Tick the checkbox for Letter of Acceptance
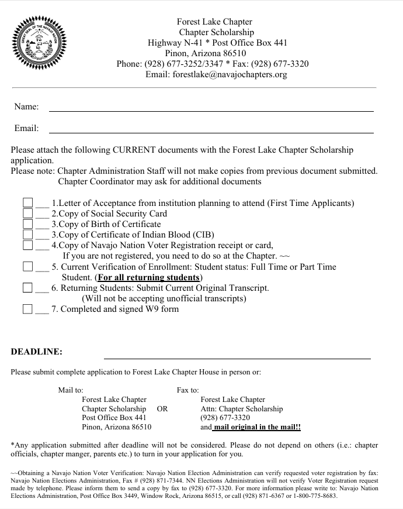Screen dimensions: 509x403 [x=27, y=203]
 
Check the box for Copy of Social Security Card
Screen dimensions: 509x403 [x=27, y=214]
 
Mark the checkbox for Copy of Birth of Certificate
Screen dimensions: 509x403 [x=27, y=224]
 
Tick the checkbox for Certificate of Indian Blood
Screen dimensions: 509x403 [x=27, y=235]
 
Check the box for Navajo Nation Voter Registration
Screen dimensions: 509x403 [x=27, y=245]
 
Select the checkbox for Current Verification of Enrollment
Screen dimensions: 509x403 [x=27, y=267]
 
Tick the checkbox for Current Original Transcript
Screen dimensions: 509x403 [x=27, y=288]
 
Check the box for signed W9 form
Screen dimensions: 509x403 [x=27, y=309]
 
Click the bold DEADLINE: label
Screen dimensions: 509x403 [x=37, y=352]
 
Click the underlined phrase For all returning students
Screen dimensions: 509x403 [x=148, y=277]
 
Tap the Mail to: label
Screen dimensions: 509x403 [x=71, y=390]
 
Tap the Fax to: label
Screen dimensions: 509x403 [x=187, y=390]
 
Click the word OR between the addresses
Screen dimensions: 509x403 [x=162, y=409]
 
